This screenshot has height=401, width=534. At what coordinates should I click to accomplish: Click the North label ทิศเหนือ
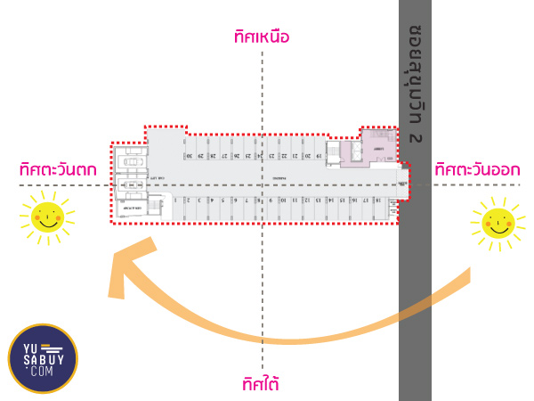click(262, 37)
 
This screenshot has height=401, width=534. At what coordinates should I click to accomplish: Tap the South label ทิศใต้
click(261, 384)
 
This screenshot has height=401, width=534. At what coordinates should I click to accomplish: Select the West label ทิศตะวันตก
click(58, 169)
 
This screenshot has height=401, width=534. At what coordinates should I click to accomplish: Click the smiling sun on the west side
click(46, 217)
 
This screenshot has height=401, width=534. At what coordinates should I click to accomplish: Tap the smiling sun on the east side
click(497, 224)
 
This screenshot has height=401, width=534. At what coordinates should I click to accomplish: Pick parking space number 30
click(189, 156)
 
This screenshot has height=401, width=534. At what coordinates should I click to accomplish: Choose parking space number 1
click(175, 200)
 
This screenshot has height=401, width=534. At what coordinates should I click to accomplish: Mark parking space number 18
click(378, 200)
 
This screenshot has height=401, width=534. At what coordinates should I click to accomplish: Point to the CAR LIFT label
click(152, 177)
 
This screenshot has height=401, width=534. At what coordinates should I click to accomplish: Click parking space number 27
click(223, 156)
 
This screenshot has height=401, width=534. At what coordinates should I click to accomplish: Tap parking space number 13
click(318, 200)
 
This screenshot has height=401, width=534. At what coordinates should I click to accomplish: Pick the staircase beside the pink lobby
click(334, 151)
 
